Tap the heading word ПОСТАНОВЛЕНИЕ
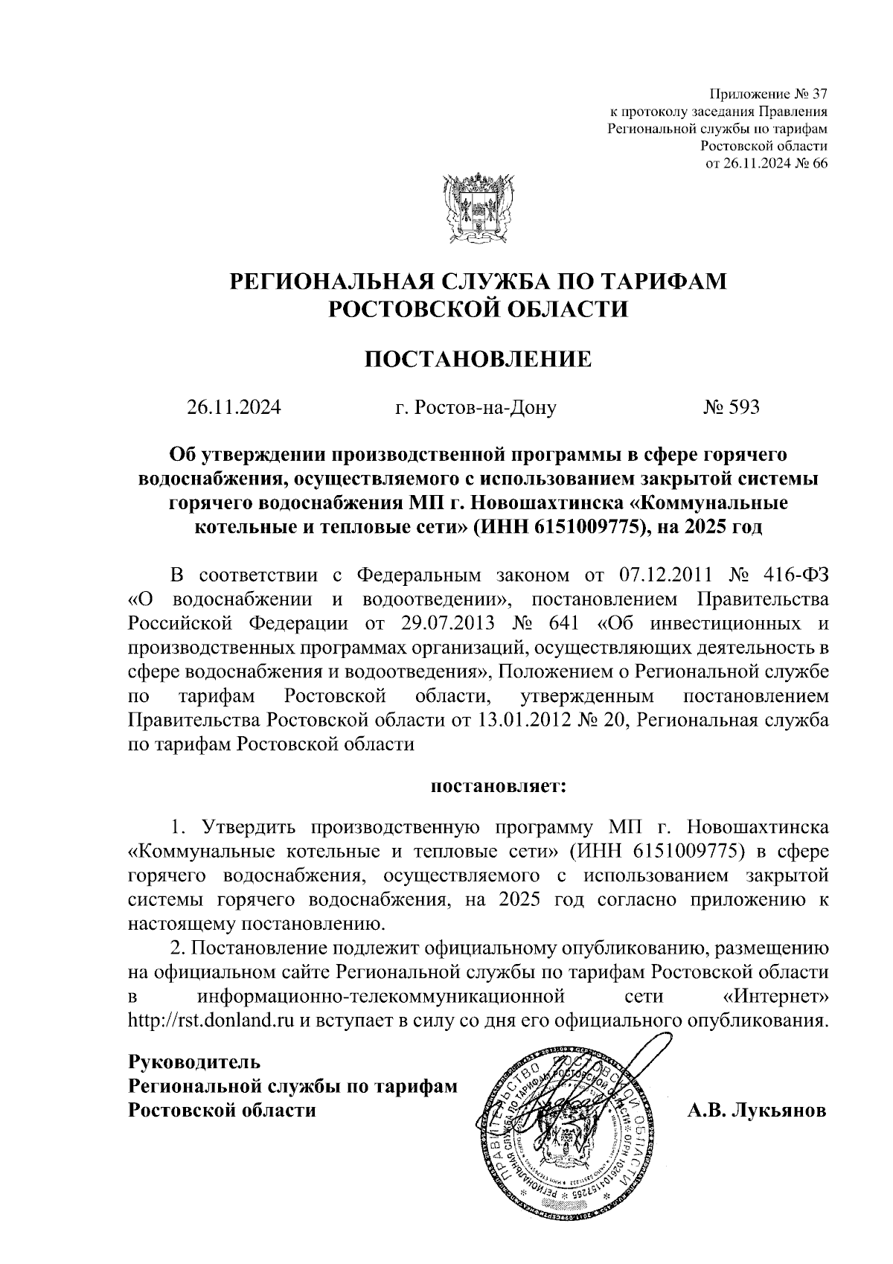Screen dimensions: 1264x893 click(478, 360)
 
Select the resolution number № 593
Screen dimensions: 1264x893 click(732, 407)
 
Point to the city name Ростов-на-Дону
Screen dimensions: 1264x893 click(485, 407)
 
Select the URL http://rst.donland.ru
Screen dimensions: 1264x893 click(212, 1020)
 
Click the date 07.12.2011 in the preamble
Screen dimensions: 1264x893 click(666, 575)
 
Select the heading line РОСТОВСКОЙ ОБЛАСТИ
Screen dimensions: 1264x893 click(478, 309)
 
